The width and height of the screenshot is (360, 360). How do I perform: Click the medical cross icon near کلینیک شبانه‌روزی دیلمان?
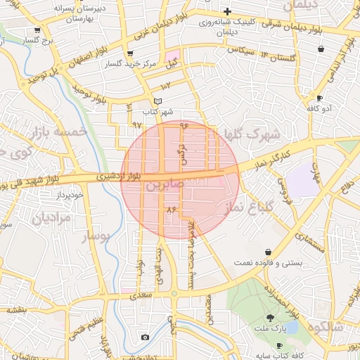[x=227, y=12]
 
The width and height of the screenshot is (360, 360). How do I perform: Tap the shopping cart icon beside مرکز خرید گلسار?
[x=129, y=54]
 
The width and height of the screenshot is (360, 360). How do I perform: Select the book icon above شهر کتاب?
[x=157, y=101]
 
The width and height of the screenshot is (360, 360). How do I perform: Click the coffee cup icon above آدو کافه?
[x=320, y=98]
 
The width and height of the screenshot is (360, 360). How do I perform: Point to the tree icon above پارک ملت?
[x=271, y=317]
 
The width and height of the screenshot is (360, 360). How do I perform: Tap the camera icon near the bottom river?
[x=145, y=337]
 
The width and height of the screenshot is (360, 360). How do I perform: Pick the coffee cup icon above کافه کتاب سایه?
[x=278, y=346]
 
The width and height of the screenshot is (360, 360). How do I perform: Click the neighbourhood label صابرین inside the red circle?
[x=165, y=186]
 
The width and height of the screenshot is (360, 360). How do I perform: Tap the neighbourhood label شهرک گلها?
[x=249, y=134]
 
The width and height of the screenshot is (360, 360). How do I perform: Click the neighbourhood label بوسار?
[x=97, y=236]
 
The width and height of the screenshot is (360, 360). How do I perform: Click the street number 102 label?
[x=166, y=86]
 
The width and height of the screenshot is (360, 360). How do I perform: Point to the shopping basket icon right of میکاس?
[x=321, y=49]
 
